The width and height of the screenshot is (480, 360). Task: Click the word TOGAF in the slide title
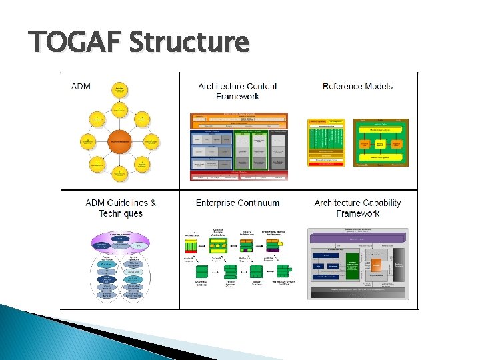[74, 43]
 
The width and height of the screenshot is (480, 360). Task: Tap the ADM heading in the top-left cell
[80, 87]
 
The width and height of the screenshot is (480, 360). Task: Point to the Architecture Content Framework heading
[237, 91]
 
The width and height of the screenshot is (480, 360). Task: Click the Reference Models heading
[357, 86]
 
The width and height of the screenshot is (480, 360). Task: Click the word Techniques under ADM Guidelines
[121, 213]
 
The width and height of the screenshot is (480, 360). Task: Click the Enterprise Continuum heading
[237, 203]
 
